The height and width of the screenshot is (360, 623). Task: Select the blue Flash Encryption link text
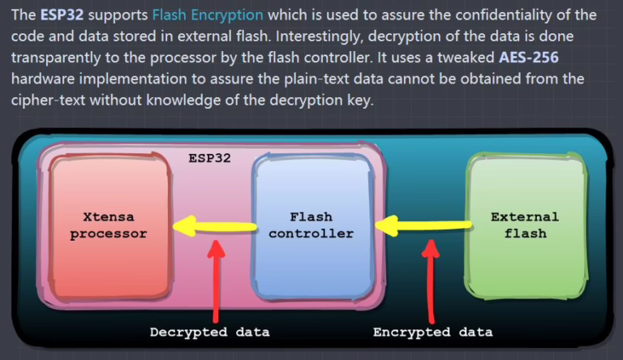point(208,15)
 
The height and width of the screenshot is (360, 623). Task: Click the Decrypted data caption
point(210,332)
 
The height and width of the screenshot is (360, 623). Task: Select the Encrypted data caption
point(432,332)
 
